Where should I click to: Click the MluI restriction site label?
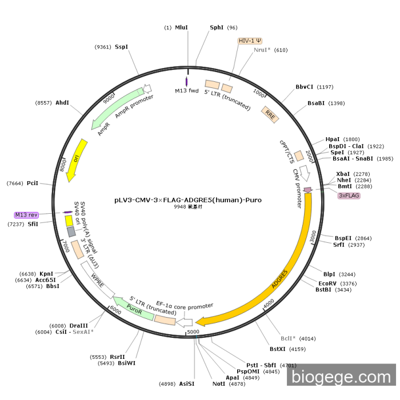(181, 27)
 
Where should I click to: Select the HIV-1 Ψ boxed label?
(250, 41)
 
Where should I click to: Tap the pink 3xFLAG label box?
(349, 195)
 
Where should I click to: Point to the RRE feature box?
(270, 113)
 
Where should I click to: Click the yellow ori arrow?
(77, 161)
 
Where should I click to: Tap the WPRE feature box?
(97, 279)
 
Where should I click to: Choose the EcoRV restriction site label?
(327, 283)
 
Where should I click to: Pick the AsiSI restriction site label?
(187, 383)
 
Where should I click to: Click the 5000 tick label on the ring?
(193, 331)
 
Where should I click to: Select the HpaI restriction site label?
(333, 139)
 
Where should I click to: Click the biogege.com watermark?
(341, 377)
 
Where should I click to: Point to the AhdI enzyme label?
(62, 103)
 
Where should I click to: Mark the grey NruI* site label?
(263, 50)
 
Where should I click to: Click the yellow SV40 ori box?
(69, 221)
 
